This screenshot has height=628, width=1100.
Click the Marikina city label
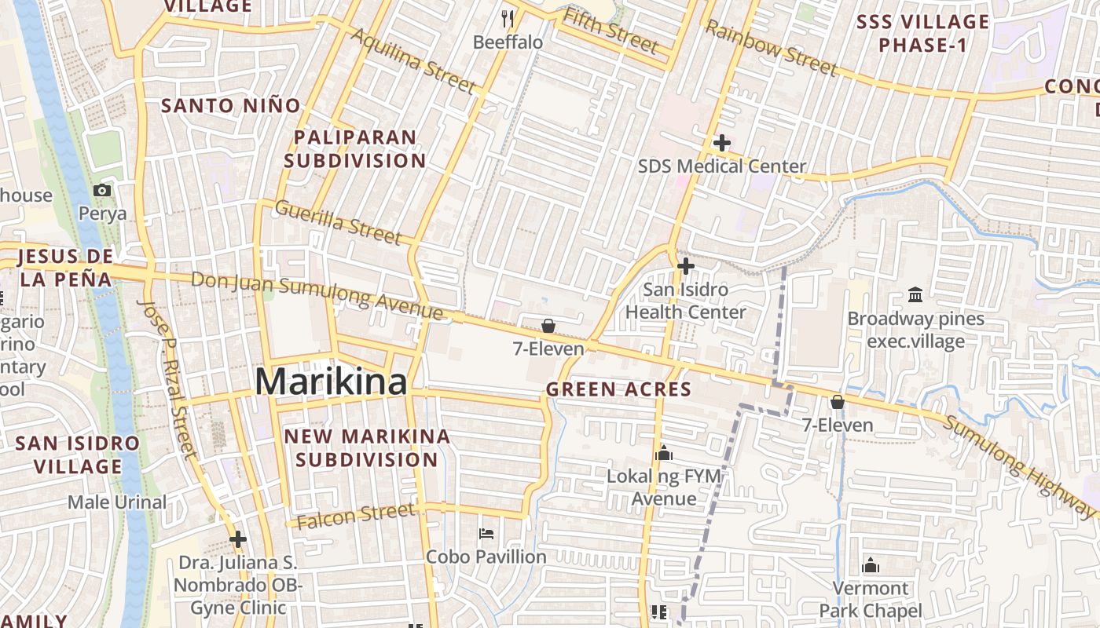(x=331, y=382)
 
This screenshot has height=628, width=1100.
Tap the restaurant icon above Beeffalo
(x=508, y=18)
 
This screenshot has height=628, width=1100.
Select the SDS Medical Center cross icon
(x=721, y=143)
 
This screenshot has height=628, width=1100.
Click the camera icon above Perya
(x=102, y=190)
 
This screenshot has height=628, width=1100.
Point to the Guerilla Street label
(x=339, y=221)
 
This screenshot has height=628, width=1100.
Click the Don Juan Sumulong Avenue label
(x=317, y=295)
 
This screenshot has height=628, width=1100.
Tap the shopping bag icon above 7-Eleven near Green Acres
(x=548, y=326)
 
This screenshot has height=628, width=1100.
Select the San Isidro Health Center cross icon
(x=685, y=267)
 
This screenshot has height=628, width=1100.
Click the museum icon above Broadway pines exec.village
(x=915, y=295)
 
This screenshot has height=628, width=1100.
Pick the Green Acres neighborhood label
(x=618, y=389)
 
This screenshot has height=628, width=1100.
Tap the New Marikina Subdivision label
(x=367, y=447)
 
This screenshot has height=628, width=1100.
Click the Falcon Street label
(x=356, y=514)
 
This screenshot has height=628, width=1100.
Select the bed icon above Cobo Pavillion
(x=486, y=534)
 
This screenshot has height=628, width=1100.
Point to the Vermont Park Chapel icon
(x=871, y=565)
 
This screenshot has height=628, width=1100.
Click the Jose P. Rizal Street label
(x=167, y=378)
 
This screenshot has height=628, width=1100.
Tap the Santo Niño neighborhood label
(x=231, y=105)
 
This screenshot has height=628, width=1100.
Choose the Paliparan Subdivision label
(x=355, y=148)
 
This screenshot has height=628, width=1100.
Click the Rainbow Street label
(x=770, y=49)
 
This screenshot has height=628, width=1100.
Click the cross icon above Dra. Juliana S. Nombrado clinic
(x=238, y=539)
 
